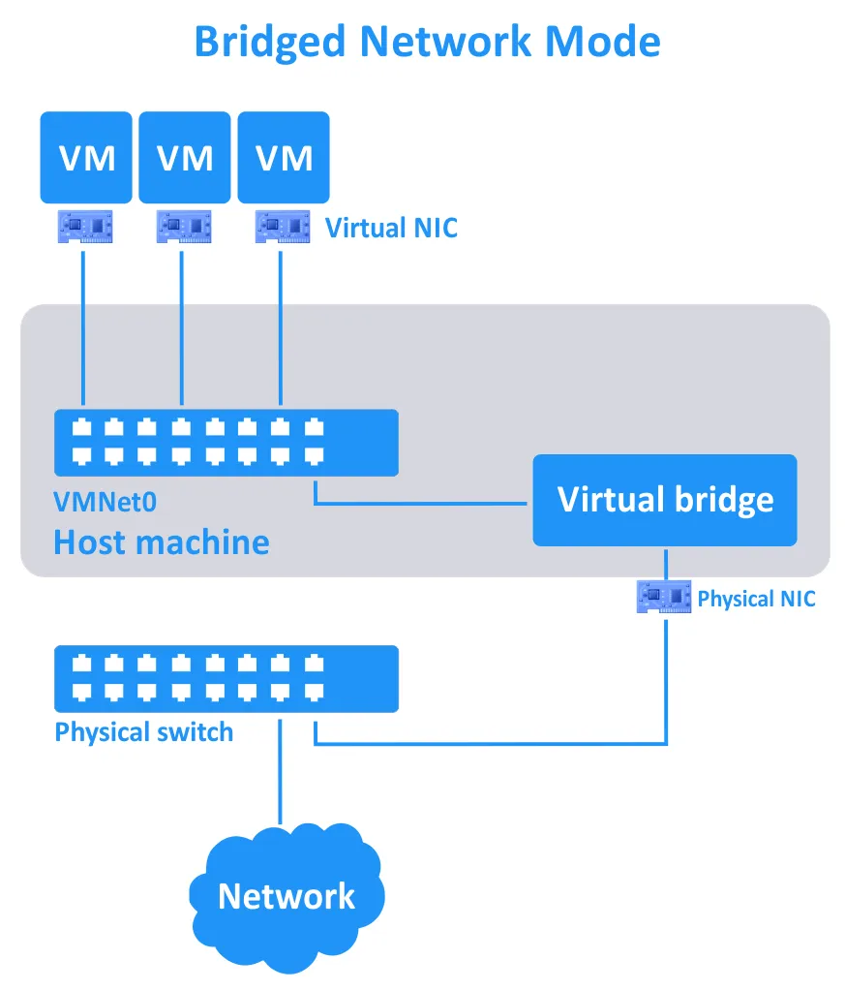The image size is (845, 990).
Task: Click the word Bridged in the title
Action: point(270,42)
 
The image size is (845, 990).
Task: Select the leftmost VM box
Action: point(87,157)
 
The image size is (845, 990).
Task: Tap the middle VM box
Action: point(185,157)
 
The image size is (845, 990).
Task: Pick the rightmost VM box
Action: point(284,157)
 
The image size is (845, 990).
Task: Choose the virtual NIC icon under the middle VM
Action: point(183,227)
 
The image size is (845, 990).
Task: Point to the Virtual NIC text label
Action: point(391,229)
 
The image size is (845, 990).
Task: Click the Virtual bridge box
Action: point(665,500)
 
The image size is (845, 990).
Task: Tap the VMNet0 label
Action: point(106,502)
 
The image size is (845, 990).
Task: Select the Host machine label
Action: point(161,541)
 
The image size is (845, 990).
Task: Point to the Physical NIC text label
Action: point(756,599)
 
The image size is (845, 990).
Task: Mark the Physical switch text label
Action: point(144,731)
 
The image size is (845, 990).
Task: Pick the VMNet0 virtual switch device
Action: point(226,442)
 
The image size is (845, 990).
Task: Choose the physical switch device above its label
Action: point(226,678)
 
